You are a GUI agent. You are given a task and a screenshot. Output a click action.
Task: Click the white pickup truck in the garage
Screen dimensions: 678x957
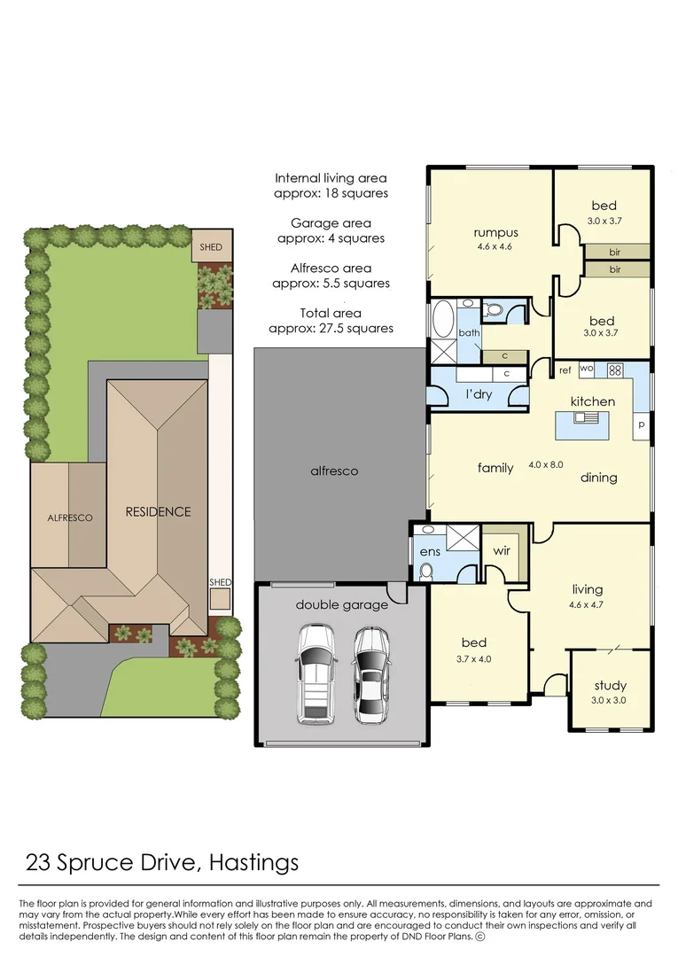316,673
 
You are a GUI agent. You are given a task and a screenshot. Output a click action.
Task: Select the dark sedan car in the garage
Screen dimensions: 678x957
371,674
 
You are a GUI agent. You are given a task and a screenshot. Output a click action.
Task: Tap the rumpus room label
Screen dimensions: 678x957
495,232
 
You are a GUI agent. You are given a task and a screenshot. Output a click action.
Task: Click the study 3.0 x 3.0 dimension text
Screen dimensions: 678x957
609,700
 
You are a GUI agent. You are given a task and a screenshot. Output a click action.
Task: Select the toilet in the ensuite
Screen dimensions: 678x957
426,571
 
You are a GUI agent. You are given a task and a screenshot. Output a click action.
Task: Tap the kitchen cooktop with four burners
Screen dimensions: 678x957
614,370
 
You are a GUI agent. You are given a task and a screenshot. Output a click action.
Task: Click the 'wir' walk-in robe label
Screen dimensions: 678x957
502,551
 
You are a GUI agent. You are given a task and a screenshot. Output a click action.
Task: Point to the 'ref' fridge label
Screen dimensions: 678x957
565,370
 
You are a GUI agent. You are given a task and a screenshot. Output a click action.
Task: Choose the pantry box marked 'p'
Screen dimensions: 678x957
641,424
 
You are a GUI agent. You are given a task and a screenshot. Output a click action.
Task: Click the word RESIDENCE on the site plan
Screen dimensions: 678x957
158,511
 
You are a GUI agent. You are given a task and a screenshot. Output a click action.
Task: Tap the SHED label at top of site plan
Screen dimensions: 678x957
211,247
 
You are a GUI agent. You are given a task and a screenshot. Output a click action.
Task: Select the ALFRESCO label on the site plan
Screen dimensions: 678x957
70,517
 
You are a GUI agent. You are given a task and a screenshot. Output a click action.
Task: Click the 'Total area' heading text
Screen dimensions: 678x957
331,313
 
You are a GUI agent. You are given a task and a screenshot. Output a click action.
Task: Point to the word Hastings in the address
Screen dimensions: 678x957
253,862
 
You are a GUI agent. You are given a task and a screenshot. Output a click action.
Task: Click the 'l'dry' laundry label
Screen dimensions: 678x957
479,394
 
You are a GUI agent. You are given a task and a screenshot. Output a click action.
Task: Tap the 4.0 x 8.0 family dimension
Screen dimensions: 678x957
546,464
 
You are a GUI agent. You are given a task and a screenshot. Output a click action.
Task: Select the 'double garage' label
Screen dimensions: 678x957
342,605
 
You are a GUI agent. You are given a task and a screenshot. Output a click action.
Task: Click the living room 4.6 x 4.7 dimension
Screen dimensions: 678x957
586,605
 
